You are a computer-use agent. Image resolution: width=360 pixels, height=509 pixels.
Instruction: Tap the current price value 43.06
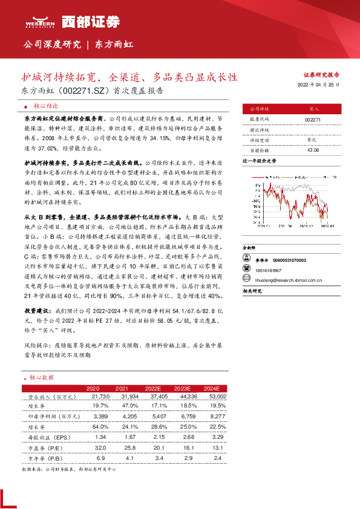coord(313,150)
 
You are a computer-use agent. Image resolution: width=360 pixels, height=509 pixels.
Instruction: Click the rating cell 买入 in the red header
coord(313,109)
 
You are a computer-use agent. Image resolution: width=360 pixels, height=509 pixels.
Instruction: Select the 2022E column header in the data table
coord(154,387)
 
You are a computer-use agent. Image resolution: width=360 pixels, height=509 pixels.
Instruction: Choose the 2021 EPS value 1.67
coord(122,436)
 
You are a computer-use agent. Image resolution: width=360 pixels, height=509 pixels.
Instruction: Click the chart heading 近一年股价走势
coord(260,162)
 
